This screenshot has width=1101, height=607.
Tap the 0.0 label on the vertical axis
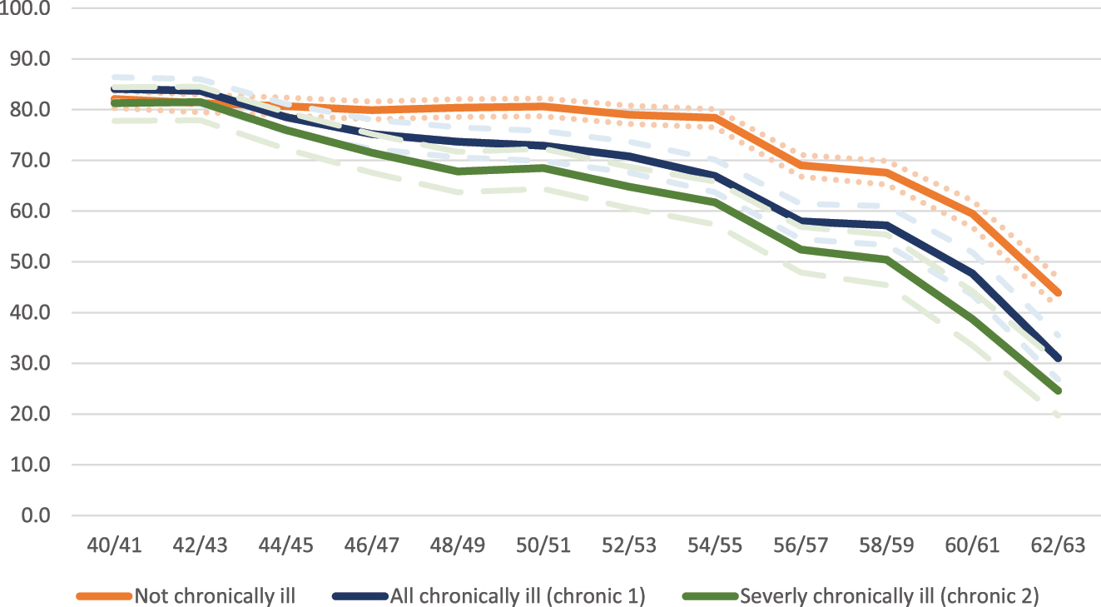point(37,515)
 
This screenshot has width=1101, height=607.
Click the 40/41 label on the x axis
point(114,545)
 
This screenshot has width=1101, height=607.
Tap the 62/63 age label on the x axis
point(1059,545)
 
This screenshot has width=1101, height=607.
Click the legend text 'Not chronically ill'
point(215,595)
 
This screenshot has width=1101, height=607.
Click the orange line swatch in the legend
point(103,595)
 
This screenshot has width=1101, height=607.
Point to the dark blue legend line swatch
point(360,595)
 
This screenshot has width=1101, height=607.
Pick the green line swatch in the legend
point(709,595)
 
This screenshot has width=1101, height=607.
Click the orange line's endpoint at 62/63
point(1059,293)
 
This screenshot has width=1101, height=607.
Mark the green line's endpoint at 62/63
point(1059,391)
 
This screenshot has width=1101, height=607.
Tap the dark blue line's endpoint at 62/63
point(1059,358)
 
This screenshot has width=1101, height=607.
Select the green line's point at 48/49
point(458,172)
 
